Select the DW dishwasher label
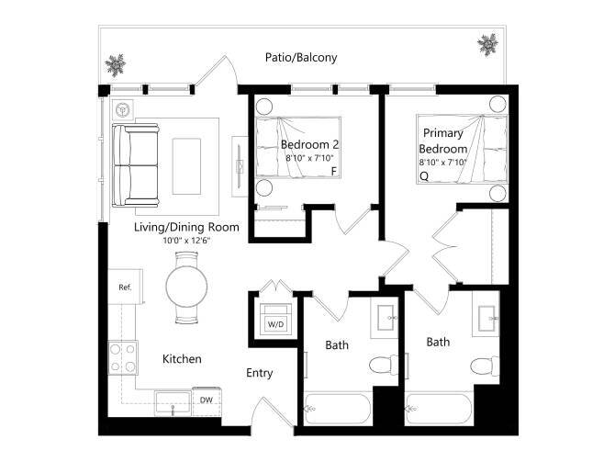[x=207, y=400]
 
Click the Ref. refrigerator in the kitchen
[x=126, y=287]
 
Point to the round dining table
[x=186, y=284]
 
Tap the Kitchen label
[x=182, y=359]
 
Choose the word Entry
[x=260, y=373]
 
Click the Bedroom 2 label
[x=310, y=145]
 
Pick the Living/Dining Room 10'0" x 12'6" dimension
[x=188, y=242]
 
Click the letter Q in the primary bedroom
[x=424, y=175]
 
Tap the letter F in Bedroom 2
[x=333, y=172]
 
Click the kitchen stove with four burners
[x=123, y=354]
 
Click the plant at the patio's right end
[x=486, y=43]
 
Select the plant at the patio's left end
[x=116, y=64]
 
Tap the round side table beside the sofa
[x=122, y=107]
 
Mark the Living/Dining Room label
[x=186, y=227]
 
